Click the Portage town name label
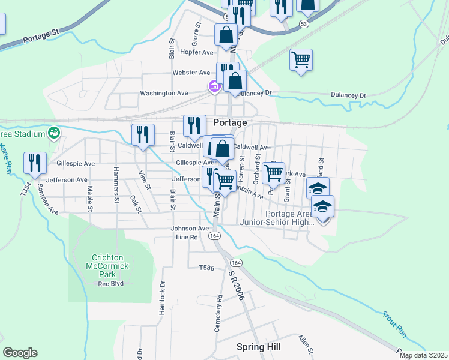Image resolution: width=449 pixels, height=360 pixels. tap(230, 122)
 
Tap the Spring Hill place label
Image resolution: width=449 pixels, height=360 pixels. tap(258, 347)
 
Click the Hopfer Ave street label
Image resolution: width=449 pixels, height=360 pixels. tap(197, 53)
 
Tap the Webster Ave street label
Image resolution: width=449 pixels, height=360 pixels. tap(191, 73)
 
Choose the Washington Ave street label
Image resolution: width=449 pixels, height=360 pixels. tap(164, 94)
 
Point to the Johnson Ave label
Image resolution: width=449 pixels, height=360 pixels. tap(190, 229)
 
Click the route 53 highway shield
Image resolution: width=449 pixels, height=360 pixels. tap(305, 23)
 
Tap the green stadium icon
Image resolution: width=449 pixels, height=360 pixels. tap(54, 132)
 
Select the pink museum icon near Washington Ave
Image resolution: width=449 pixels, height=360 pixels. tap(214, 88)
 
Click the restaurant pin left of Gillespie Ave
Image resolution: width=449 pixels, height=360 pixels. tap(35, 163)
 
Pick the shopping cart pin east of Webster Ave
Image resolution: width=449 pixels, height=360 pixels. tap(301, 59)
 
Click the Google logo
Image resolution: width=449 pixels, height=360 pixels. tap(20, 353)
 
